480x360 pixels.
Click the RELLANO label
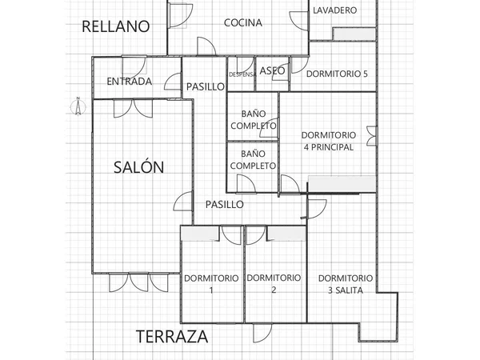click(116, 26)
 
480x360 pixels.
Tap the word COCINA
click(243, 22)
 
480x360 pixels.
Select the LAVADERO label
click(335, 10)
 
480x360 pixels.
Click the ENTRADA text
click(130, 82)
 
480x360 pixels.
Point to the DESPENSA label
click(242, 74)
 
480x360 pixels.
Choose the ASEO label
click(272, 70)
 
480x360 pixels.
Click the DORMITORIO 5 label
click(337, 74)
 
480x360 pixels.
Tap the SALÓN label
click(138, 167)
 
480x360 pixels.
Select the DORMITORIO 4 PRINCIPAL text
click(329, 141)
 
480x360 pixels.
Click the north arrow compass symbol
click(78, 106)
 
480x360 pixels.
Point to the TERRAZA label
click(172, 337)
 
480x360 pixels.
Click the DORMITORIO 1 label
click(211, 284)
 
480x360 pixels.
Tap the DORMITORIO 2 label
click(274, 283)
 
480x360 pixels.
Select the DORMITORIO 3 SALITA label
click(346, 284)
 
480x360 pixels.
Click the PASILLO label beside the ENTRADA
click(206, 86)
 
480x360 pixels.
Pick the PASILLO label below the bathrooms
click(224, 205)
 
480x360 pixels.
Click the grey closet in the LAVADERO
click(354, 34)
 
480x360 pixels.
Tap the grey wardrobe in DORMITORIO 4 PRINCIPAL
click(342, 184)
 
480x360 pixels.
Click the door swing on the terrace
click(262, 333)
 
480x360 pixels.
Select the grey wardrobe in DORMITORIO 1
click(200, 234)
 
